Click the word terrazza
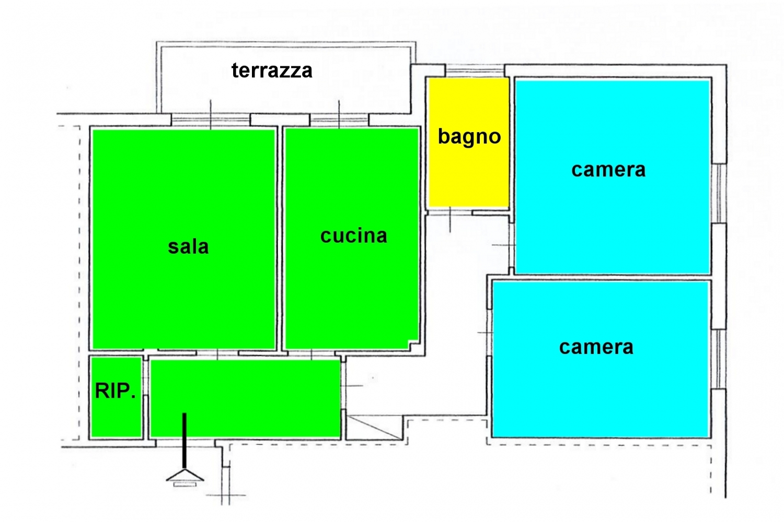pos(272,70)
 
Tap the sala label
pos(188,247)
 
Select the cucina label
pos(353,235)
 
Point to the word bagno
pos(469,137)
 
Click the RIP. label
pos(115,391)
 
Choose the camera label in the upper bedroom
pos(608,170)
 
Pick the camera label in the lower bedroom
pos(596,347)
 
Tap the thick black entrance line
pos(185,441)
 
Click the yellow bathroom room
pos(469,142)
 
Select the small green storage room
pos(117,397)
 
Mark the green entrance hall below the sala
pos(245,398)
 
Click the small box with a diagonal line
pos(374,427)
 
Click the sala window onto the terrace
pos(211,120)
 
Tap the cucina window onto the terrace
pos(339,120)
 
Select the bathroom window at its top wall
pos(475,70)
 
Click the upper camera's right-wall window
pos(719,193)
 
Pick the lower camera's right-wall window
pos(718,359)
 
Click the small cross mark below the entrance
pos(226,495)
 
